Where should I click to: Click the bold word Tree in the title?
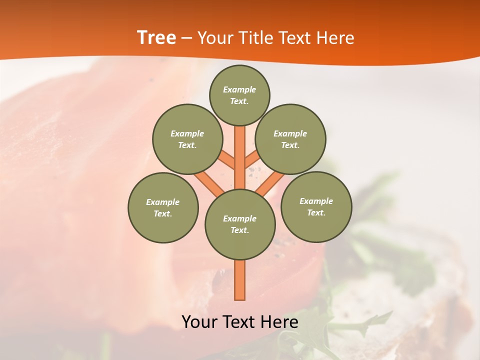[156, 37]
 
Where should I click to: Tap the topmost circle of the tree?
[239, 95]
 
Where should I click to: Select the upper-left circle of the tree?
[187, 139]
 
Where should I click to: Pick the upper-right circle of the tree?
[290, 139]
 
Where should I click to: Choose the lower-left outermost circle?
[163, 207]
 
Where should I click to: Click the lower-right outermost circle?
[316, 206]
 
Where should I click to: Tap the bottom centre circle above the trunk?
[240, 224]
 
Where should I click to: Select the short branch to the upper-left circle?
[226, 160]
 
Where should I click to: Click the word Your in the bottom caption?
[199, 321]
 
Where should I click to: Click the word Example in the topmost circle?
[239, 89]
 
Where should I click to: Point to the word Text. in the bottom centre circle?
[239, 230]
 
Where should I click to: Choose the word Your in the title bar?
[214, 37]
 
